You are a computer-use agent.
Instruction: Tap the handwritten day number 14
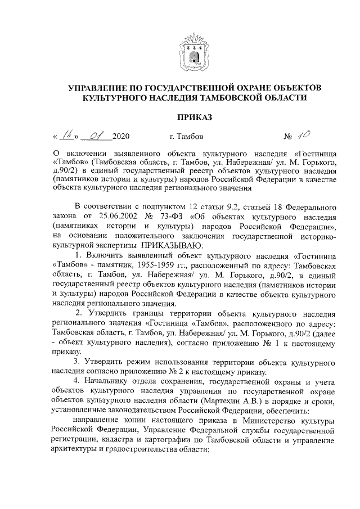pos(69,135)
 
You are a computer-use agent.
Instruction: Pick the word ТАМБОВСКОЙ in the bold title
pos(250,98)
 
